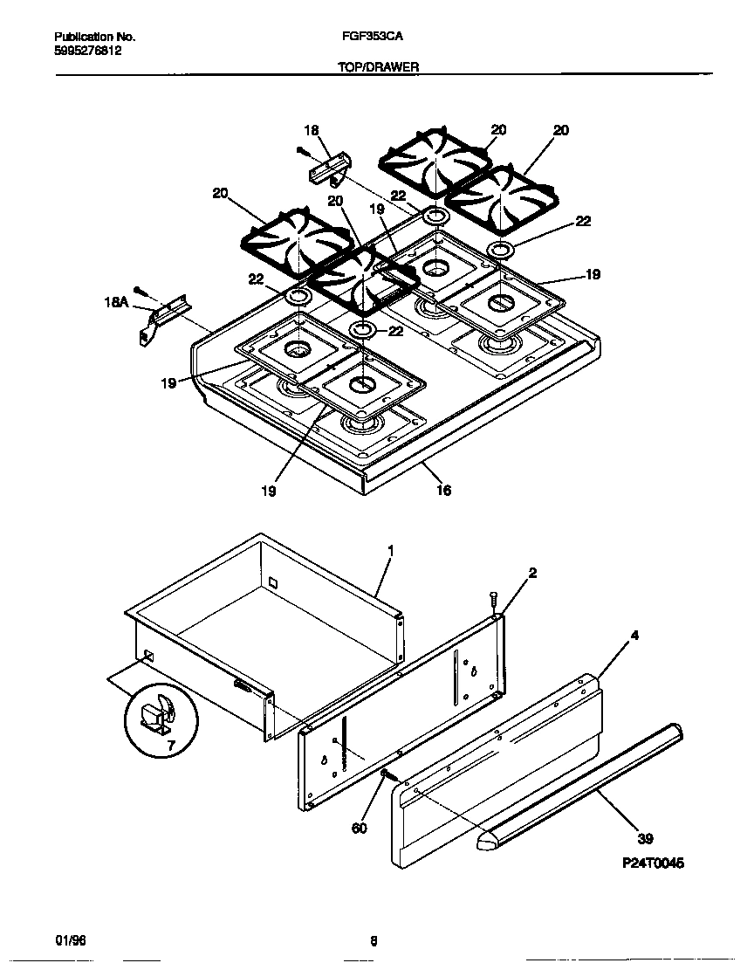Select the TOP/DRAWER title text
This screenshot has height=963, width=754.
pos(379,66)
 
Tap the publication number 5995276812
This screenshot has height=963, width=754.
pos(87,51)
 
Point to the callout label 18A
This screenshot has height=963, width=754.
pos(116,303)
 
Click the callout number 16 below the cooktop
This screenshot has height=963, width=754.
pos(443,491)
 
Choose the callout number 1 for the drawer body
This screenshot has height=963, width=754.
pos(390,550)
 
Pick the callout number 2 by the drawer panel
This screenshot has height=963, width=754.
pos(532,573)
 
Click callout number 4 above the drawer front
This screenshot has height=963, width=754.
pos(634,635)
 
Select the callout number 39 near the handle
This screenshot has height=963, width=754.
pos(645,840)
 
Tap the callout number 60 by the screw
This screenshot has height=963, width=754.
pos(360,828)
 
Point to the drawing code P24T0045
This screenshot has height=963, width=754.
pos(653,863)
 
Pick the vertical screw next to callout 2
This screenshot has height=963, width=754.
pos(494,602)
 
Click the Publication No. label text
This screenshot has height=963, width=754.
pos(94,37)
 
